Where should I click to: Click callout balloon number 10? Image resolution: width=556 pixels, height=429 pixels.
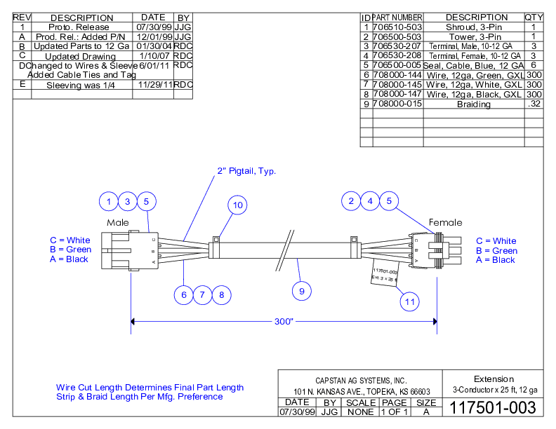(238, 205)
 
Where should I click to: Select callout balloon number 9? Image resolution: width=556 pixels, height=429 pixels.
(302, 290)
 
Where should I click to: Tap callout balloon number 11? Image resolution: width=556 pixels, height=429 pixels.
(411, 301)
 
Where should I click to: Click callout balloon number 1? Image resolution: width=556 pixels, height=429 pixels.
(109, 202)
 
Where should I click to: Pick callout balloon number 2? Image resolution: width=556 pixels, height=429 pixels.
(351, 202)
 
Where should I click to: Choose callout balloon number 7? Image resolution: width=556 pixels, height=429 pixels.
(202, 295)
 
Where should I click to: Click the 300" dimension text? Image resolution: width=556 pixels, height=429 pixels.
(284, 322)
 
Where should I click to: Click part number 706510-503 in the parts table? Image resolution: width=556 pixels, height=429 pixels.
(397, 27)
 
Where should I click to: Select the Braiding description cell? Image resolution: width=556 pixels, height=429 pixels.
(473, 104)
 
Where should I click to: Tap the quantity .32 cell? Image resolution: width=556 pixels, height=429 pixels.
(534, 104)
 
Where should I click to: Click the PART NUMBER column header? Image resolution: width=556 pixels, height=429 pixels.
(397, 17)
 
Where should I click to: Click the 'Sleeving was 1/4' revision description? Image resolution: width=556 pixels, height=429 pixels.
(80, 85)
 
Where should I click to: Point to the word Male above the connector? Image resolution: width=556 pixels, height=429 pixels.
(118, 222)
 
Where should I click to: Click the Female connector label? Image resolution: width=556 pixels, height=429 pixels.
(445, 223)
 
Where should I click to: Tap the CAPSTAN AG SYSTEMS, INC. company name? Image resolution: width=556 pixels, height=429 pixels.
(361, 379)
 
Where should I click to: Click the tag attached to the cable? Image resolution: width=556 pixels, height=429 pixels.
(383, 275)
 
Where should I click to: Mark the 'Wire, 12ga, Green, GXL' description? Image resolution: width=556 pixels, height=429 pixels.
(473, 75)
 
